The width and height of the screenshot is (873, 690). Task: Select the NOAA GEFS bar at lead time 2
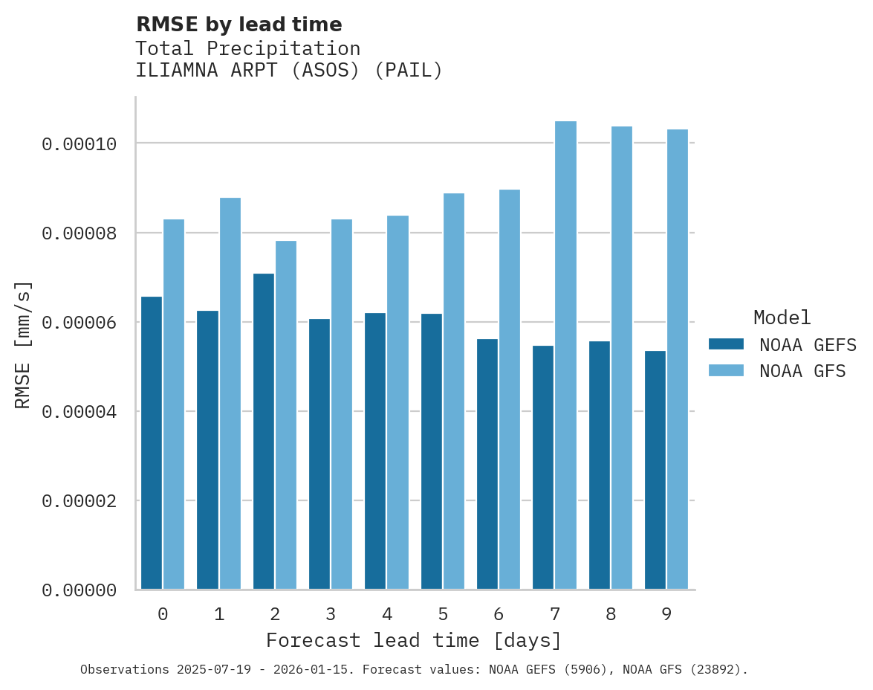point(264,431)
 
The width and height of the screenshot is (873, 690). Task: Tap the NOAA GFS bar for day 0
point(174,404)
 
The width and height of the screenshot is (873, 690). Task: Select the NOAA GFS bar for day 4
point(397,402)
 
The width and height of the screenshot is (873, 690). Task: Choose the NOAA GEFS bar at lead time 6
point(487,464)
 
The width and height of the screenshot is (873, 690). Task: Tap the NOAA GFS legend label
point(802,371)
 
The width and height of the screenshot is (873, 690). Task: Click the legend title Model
point(782,317)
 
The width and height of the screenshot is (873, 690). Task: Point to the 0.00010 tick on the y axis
point(79,144)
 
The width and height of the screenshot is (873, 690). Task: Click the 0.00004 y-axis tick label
point(79,411)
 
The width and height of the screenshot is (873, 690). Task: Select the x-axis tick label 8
point(611,614)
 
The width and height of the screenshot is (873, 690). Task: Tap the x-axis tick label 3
point(331,614)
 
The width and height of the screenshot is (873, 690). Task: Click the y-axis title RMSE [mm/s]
point(23,344)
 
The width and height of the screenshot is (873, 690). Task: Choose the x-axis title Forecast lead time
point(414,640)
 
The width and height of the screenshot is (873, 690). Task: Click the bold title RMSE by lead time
point(238,25)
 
